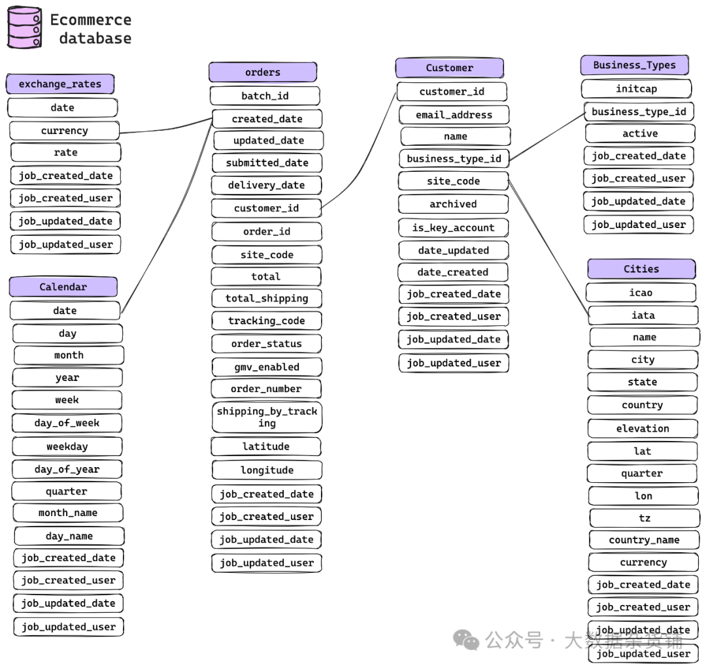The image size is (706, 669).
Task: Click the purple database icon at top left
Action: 24,27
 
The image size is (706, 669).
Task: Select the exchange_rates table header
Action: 60,84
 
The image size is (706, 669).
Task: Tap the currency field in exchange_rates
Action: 64,131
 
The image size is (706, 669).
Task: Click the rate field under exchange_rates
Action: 65,152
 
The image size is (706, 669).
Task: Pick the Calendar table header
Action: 63,287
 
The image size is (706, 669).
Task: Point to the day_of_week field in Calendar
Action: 67,423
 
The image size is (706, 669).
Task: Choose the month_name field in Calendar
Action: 68,513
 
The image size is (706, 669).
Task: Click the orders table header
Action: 263,73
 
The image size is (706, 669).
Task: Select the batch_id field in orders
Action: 265,96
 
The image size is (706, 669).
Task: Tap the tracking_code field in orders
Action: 266,321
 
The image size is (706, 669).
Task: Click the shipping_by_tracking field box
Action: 267,417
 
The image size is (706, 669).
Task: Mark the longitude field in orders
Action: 267,470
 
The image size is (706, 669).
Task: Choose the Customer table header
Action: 449,68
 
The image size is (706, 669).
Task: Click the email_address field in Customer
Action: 454,115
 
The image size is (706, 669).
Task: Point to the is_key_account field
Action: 453,228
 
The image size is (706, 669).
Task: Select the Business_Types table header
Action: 634,65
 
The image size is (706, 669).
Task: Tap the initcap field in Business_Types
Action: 636,89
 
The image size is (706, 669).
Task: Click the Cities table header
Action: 641,269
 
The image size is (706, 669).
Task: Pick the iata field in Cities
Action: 643,316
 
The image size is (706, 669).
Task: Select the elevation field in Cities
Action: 643,429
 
